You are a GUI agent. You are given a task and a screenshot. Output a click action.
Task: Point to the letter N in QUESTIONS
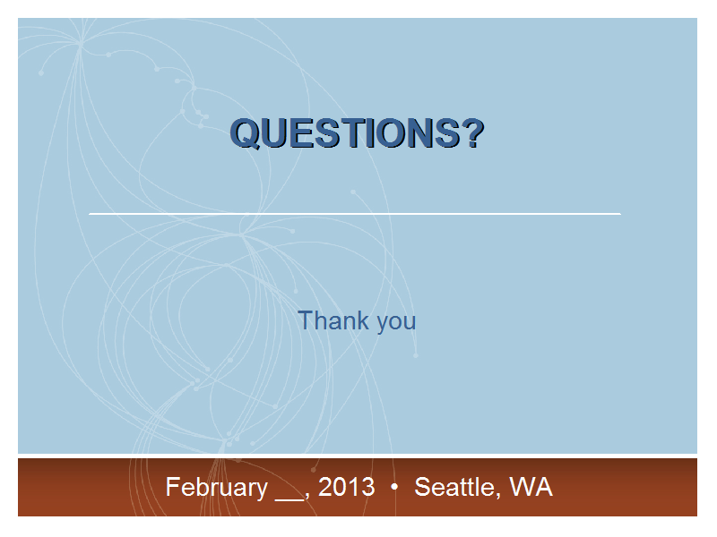[x=419, y=132]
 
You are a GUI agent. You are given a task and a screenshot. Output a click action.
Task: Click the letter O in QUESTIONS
[x=387, y=132]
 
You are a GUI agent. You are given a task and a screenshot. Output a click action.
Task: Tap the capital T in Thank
[x=306, y=320]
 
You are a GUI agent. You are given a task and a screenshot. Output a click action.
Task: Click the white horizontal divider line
[x=355, y=213]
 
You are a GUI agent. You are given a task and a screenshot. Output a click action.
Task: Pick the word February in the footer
[x=217, y=488]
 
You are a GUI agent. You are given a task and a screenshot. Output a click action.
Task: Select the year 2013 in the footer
[x=347, y=487]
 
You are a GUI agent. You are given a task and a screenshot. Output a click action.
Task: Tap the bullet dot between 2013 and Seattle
[x=394, y=487]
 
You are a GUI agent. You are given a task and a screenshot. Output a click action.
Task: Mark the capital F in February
[x=173, y=487]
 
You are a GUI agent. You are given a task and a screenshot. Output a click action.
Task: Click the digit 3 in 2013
[x=368, y=487]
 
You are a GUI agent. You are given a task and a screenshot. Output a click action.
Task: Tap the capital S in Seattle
[x=421, y=487]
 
